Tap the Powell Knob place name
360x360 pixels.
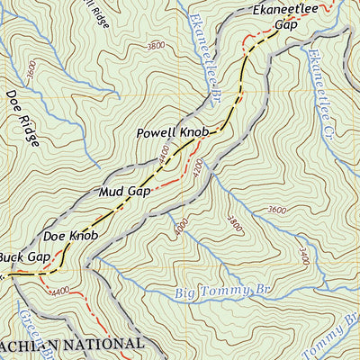pyautogui.click(x=173, y=133)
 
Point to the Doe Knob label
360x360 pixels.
pyautogui.click(x=69, y=236)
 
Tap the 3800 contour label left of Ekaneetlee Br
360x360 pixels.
pyautogui.click(x=156, y=44)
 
